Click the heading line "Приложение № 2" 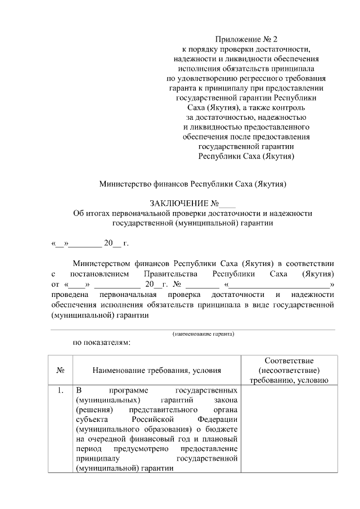247,39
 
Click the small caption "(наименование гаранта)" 203,334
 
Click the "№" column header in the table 60,370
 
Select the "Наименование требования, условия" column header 157,370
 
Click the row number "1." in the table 60,390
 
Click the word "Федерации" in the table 219,420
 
